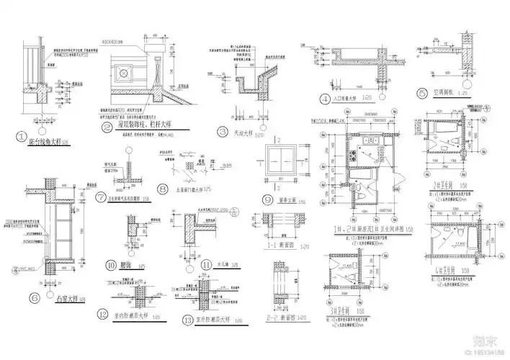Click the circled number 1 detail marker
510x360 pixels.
tap(22, 135)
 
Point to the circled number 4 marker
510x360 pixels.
tap(326, 99)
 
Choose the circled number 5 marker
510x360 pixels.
tap(422, 92)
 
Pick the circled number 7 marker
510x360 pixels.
tap(101, 196)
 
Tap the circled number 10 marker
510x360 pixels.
tap(112, 264)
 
